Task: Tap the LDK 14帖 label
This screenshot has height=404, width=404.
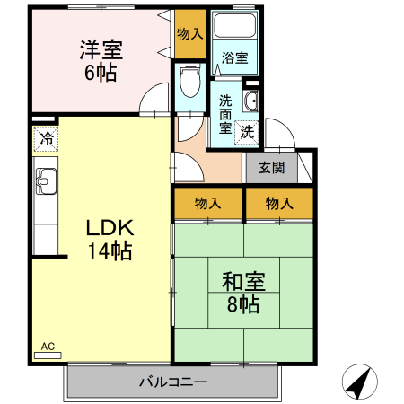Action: [109, 239]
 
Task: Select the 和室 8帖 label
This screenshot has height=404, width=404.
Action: [242, 293]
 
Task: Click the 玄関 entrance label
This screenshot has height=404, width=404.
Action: [271, 167]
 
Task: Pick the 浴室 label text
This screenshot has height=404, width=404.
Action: [235, 58]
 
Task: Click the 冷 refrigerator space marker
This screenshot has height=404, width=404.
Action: [46, 141]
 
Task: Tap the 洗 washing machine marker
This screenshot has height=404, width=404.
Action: [248, 131]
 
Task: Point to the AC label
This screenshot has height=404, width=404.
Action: [48, 346]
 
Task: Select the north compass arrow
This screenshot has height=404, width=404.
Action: [360, 383]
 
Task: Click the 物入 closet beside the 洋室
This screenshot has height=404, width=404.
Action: [189, 33]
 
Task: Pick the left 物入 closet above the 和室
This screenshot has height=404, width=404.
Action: [207, 203]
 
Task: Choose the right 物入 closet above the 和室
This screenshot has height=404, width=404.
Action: [278, 203]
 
